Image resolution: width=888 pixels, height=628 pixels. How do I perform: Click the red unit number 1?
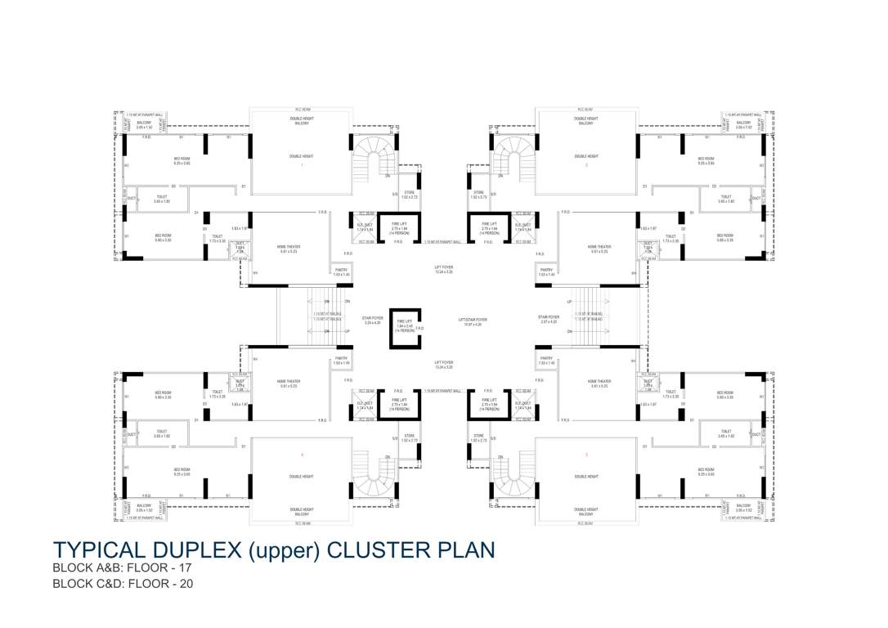(302, 165)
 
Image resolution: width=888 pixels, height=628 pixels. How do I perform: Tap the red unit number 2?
(586, 165)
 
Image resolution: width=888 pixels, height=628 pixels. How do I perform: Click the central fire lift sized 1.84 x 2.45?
(404, 328)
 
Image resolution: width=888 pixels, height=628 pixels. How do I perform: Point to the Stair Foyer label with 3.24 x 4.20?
(373, 320)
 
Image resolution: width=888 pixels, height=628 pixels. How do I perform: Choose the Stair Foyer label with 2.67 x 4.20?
(548, 320)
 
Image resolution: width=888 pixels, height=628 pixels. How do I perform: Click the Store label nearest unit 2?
(478, 195)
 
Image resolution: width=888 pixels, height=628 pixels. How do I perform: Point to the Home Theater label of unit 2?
(599, 248)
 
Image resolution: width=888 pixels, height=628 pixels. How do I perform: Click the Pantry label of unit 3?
(546, 361)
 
